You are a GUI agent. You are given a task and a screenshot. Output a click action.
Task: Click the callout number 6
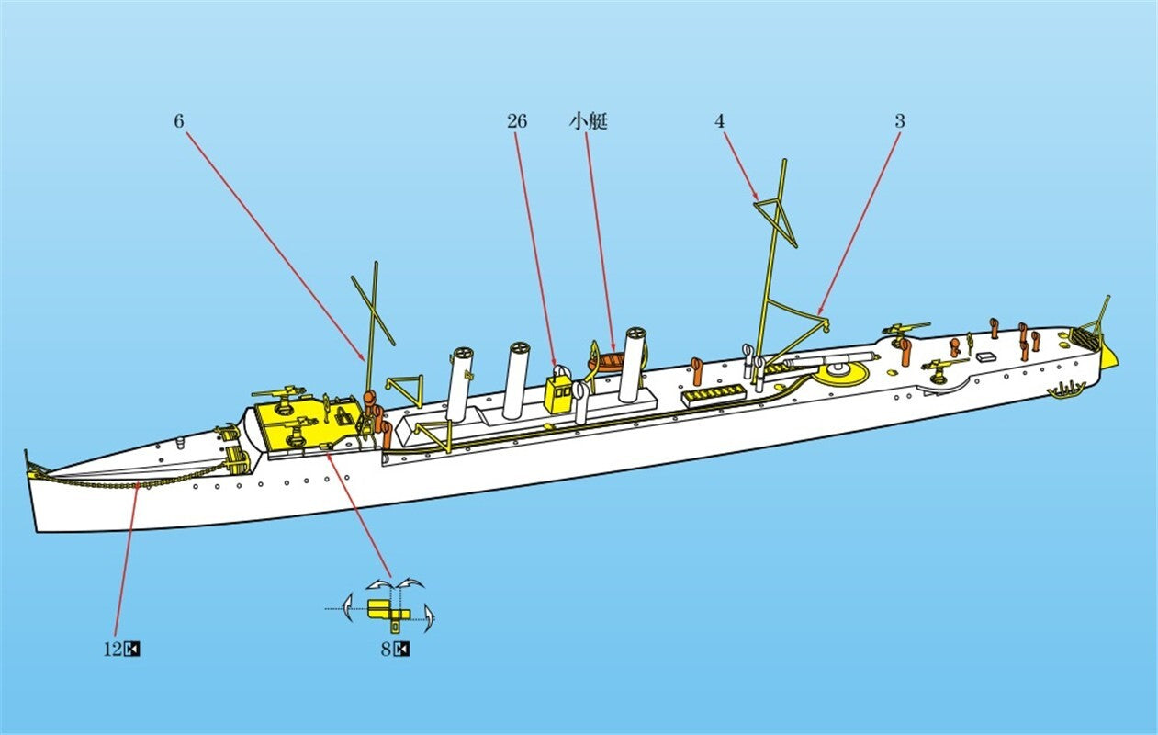[178, 121]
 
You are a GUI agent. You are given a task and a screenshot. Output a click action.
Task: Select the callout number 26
[516, 121]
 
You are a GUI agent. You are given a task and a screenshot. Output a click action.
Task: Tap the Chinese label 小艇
[588, 121]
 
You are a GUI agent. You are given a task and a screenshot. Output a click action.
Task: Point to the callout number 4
[720, 121]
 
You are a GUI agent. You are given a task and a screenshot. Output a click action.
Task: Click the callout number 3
[900, 121]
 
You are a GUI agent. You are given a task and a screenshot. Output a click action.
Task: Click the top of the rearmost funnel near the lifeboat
[635, 335]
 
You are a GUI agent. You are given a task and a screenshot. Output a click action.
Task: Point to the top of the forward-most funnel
[463, 355]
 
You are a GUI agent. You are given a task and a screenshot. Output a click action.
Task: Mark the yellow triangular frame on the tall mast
[775, 222]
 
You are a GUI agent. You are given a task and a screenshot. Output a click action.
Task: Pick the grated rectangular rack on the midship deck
[714, 395]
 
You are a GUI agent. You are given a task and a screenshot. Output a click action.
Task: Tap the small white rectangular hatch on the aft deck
[986, 356]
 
